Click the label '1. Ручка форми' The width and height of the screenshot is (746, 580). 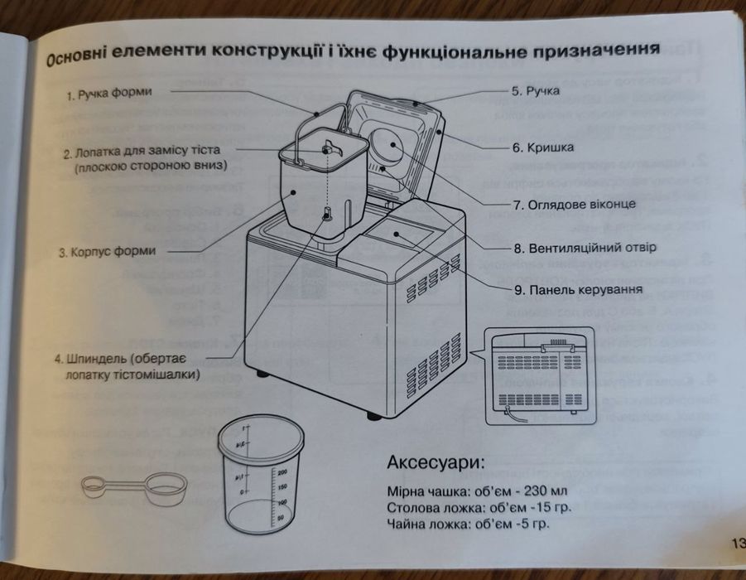(109, 94)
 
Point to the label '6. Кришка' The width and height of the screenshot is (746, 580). (542, 149)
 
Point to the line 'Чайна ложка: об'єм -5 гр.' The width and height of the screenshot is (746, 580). (468, 524)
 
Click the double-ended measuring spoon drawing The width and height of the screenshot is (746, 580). (134, 486)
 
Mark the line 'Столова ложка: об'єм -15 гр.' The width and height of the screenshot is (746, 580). (471, 506)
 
